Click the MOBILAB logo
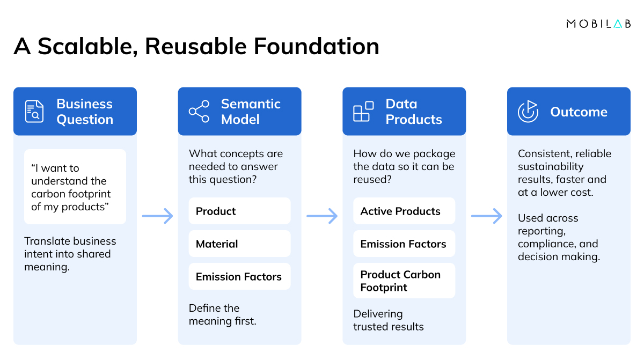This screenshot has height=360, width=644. (598, 24)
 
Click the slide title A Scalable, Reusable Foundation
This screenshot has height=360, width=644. (196, 47)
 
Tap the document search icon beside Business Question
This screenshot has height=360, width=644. (34, 112)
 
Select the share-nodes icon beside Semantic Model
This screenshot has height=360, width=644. (199, 112)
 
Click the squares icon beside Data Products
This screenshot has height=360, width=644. (363, 112)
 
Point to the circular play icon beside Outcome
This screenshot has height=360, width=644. (528, 112)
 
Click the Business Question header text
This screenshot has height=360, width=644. (85, 112)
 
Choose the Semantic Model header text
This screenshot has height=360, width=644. (251, 112)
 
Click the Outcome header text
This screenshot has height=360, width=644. (579, 112)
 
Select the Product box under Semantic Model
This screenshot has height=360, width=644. (239, 211)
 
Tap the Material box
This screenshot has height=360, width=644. (239, 244)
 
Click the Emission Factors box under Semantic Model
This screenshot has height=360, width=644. (239, 276)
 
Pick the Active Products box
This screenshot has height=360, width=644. (404, 211)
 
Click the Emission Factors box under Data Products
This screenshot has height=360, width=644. (404, 244)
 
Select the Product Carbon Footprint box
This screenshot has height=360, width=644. (404, 281)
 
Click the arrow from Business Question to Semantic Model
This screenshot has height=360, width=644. (158, 216)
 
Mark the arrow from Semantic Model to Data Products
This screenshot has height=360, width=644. (322, 216)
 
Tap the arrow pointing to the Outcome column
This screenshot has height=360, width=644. (487, 216)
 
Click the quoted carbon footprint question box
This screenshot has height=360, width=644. (75, 187)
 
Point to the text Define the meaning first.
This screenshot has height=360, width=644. (223, 314)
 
